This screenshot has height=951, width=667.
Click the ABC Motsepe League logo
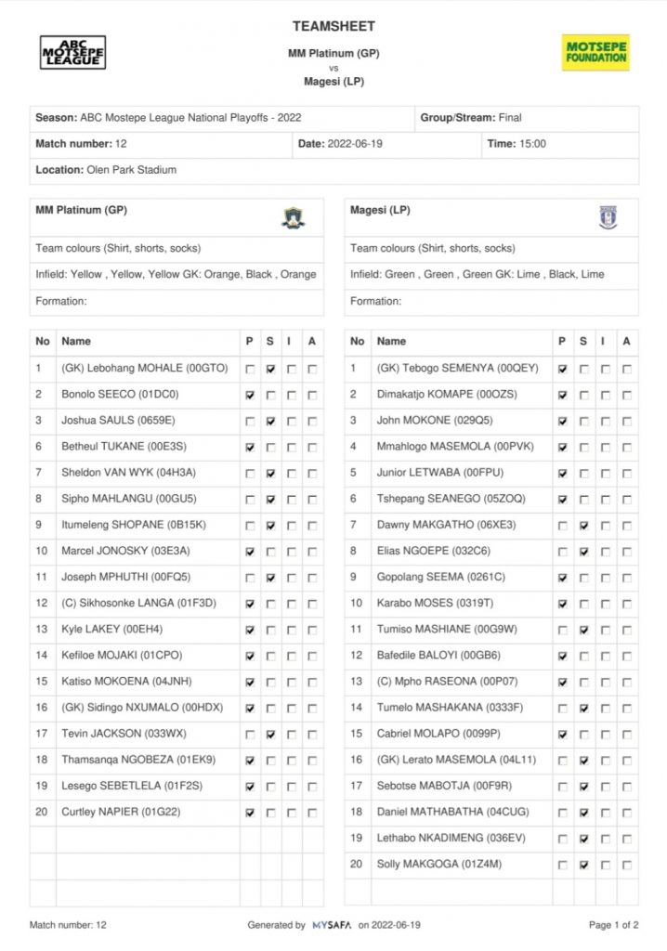click(x=72, y=52)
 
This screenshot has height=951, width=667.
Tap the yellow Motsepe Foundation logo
click(x=595, y=52)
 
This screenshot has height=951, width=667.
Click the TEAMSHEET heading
click(x=333, y=26)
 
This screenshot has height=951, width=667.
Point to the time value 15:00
click(x=531, y=144)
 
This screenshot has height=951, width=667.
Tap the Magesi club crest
click(x=608, y=217)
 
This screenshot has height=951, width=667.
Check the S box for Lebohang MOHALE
click(x=270, y=369)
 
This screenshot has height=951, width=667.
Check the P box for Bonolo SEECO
click(x=249, y=395)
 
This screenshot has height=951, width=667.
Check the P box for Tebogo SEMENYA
click(x=563, y=369)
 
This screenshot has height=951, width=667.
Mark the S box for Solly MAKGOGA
click(x=584, y=865)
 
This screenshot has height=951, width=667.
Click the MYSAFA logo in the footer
click(x=333, y=925)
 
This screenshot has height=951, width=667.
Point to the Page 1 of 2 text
click(x=613, y=925)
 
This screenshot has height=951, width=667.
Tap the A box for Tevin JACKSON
click(x=312, y=734)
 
